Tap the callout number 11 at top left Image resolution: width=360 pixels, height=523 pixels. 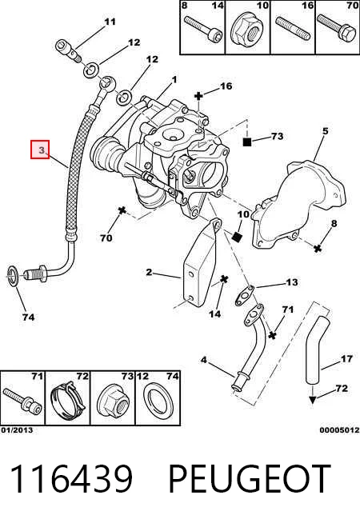click(110, 22)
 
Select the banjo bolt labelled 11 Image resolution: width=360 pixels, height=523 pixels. click(68, 50)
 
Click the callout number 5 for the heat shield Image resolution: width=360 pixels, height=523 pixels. click(326, 131)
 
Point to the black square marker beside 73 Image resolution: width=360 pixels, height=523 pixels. click(247, 142)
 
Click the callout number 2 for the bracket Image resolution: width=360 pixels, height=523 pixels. click(149, 272)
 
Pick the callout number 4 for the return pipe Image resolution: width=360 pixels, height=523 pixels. click(203, 360)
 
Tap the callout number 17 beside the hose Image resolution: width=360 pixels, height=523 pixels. click(346, 359)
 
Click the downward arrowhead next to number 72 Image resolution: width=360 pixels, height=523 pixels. click(312, 400)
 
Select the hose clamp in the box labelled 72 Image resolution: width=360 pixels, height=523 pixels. click(68, 401)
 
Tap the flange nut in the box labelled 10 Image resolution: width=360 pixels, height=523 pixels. click(246, 30)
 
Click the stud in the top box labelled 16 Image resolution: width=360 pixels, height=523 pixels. click(294, 28)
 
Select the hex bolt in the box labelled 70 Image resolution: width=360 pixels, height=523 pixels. click(337, 27)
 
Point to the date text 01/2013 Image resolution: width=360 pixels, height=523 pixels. click(17, 430)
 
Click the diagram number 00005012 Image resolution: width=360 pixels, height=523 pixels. click(340, 430)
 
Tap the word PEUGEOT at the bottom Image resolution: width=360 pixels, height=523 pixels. click(250, 479)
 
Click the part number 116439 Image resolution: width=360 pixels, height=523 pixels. click(71, 479)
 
